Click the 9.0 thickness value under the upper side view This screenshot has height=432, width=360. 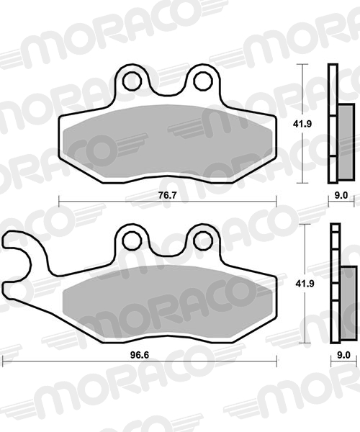tap(341, 196)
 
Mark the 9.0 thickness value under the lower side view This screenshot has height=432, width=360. tap(343, 354)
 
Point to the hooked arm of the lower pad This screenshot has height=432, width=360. tap(22, 252)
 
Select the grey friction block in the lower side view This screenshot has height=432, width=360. tap(347, 296)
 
